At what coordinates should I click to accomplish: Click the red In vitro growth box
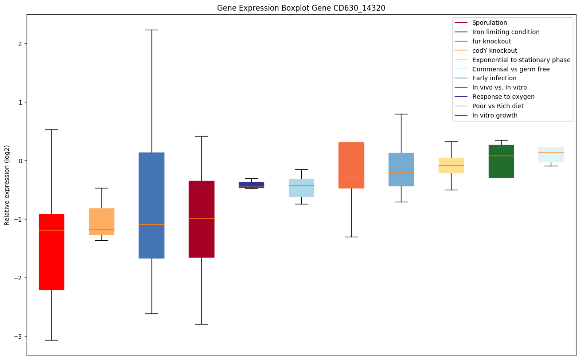[51, 252]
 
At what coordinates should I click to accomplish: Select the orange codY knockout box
[101, 221]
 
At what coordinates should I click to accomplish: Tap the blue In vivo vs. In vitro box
[152, 205]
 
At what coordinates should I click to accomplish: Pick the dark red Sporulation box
[202, 219]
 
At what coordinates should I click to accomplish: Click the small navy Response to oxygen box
[251, 185]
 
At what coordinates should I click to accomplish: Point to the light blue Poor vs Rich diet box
[301, 188]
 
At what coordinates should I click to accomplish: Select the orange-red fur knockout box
[351, 165]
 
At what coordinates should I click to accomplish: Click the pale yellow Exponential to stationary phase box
[451, 165]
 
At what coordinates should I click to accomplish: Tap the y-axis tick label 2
[20, 43]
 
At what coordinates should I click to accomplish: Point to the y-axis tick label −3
[18, 337]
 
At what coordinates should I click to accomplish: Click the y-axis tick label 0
[20, 161]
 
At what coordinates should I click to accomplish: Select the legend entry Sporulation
[490, 23]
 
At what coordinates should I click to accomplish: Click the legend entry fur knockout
[491, 41]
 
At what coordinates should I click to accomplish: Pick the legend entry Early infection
[494, 78]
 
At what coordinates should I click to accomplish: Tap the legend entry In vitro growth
[494, 115]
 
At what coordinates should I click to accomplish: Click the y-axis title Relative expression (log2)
[7, 185]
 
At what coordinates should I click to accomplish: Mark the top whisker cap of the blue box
[152, 30]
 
